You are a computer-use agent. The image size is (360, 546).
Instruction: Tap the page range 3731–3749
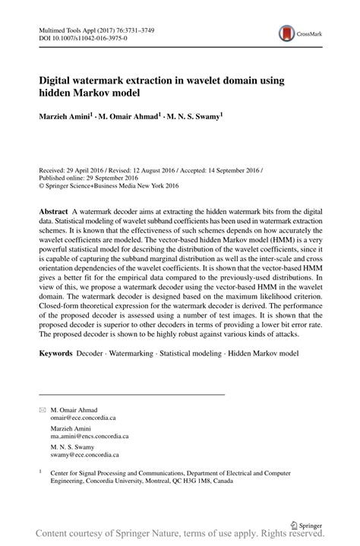pyautogui.click(x=143, y=30)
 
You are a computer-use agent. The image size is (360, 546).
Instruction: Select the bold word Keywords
pyautogui.click(x=56, y=353)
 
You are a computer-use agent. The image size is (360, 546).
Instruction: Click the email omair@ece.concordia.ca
pyautogui.click(x=84, y=418)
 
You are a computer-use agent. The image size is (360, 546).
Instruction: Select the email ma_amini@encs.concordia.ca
pyautogui.click(x=90, y=437)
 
